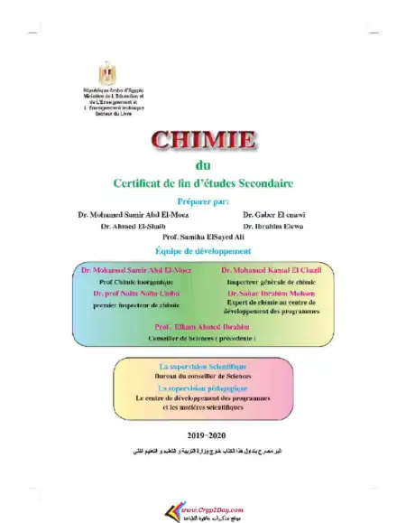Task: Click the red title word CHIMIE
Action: pos(203,141)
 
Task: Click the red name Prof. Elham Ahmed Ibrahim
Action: pos(201,325)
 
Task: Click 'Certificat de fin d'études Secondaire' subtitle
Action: pos(203,182)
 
